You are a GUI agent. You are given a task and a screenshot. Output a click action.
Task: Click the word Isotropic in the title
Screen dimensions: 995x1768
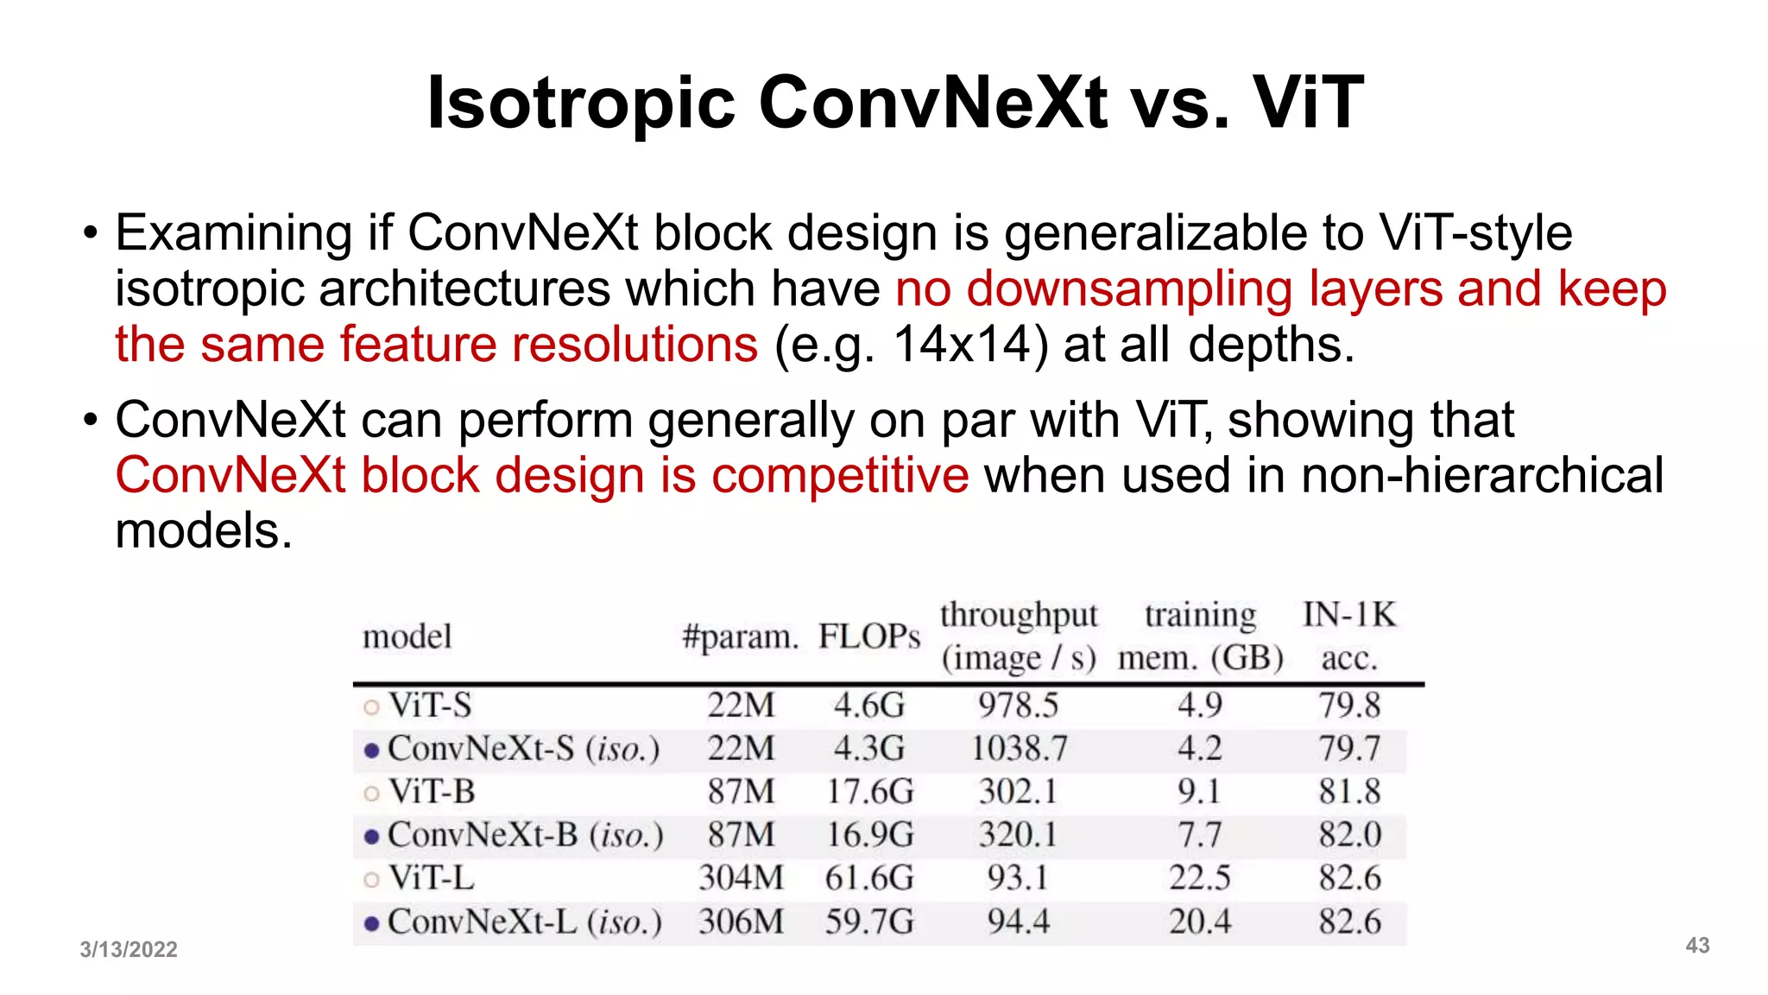tap(581, 104)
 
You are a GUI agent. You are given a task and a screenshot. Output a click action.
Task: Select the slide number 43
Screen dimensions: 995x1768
tap(1697, 945)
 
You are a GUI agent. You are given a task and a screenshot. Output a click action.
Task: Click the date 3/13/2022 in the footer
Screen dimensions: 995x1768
tap(129, 949)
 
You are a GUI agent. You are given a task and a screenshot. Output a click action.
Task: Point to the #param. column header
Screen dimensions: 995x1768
tap(740, 637)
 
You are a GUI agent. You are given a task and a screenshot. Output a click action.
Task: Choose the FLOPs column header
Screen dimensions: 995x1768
tap(869, 637)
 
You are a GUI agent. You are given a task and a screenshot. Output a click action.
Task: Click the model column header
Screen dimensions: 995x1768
tap(407, 637)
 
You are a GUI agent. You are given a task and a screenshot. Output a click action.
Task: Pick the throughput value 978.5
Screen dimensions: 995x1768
tap(1018, 706)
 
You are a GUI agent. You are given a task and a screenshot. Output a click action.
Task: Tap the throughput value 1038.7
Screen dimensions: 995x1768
tap(1019, 748)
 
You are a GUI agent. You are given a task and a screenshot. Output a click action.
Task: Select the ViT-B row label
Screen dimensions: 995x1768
tap(432, 791)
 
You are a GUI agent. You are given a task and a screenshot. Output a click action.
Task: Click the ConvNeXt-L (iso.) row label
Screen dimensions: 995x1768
tap(524, 922)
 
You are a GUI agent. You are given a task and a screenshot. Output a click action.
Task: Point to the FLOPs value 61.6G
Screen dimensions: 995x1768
tap(869, 878)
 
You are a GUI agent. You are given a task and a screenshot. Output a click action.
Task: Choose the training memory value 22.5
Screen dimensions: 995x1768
tap(1200, 878)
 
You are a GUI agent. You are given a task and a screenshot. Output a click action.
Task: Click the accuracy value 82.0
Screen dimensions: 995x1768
tap(1349, 834)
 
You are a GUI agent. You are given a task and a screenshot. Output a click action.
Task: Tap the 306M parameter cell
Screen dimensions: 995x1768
tap(741, 922)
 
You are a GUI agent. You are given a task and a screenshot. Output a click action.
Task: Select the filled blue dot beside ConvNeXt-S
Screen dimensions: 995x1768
tap(371, 751)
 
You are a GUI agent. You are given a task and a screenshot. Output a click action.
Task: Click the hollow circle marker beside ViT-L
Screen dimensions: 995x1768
tap(371, 880)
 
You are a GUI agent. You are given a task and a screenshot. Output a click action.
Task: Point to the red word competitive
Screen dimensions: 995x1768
tap(840, 475)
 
